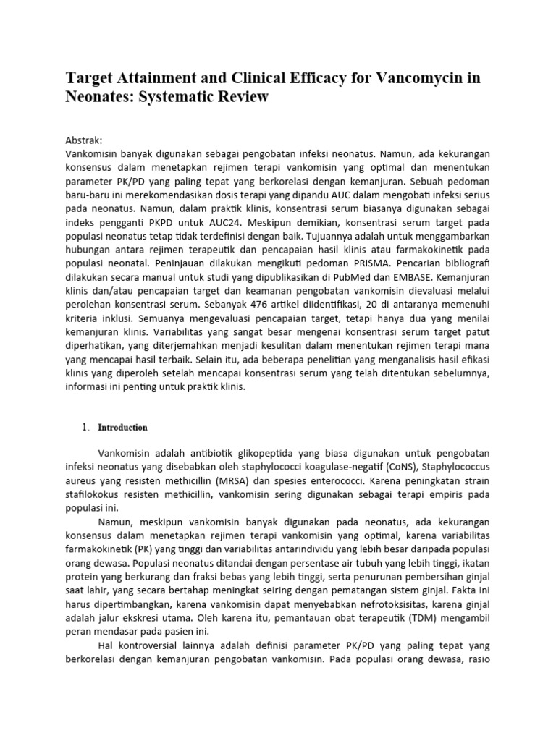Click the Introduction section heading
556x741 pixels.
[x=122, y=428]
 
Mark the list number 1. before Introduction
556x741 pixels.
[x=85, y=428]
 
